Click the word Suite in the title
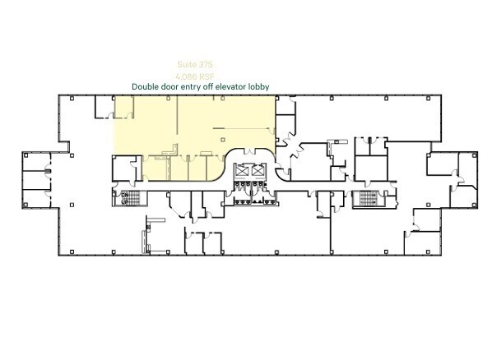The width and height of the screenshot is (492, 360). pyautogui.click(x=188, y=62)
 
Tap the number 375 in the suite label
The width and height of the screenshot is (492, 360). pyautogui.click(x=207, y=62)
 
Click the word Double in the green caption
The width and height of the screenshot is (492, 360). pyautogui.click(x=148, y=86)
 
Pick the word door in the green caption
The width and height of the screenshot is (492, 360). pyautogui.click(x=176, y=86)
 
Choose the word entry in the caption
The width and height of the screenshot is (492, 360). pyautogui.click(x=198, y=86)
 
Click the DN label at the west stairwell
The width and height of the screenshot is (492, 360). pyautogui.click(x=125, y=194)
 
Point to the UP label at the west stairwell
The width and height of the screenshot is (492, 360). pyautogui.click(x=125, y=201)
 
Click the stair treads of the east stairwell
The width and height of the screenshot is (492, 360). pyautogui.click(x=364, y=199)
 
